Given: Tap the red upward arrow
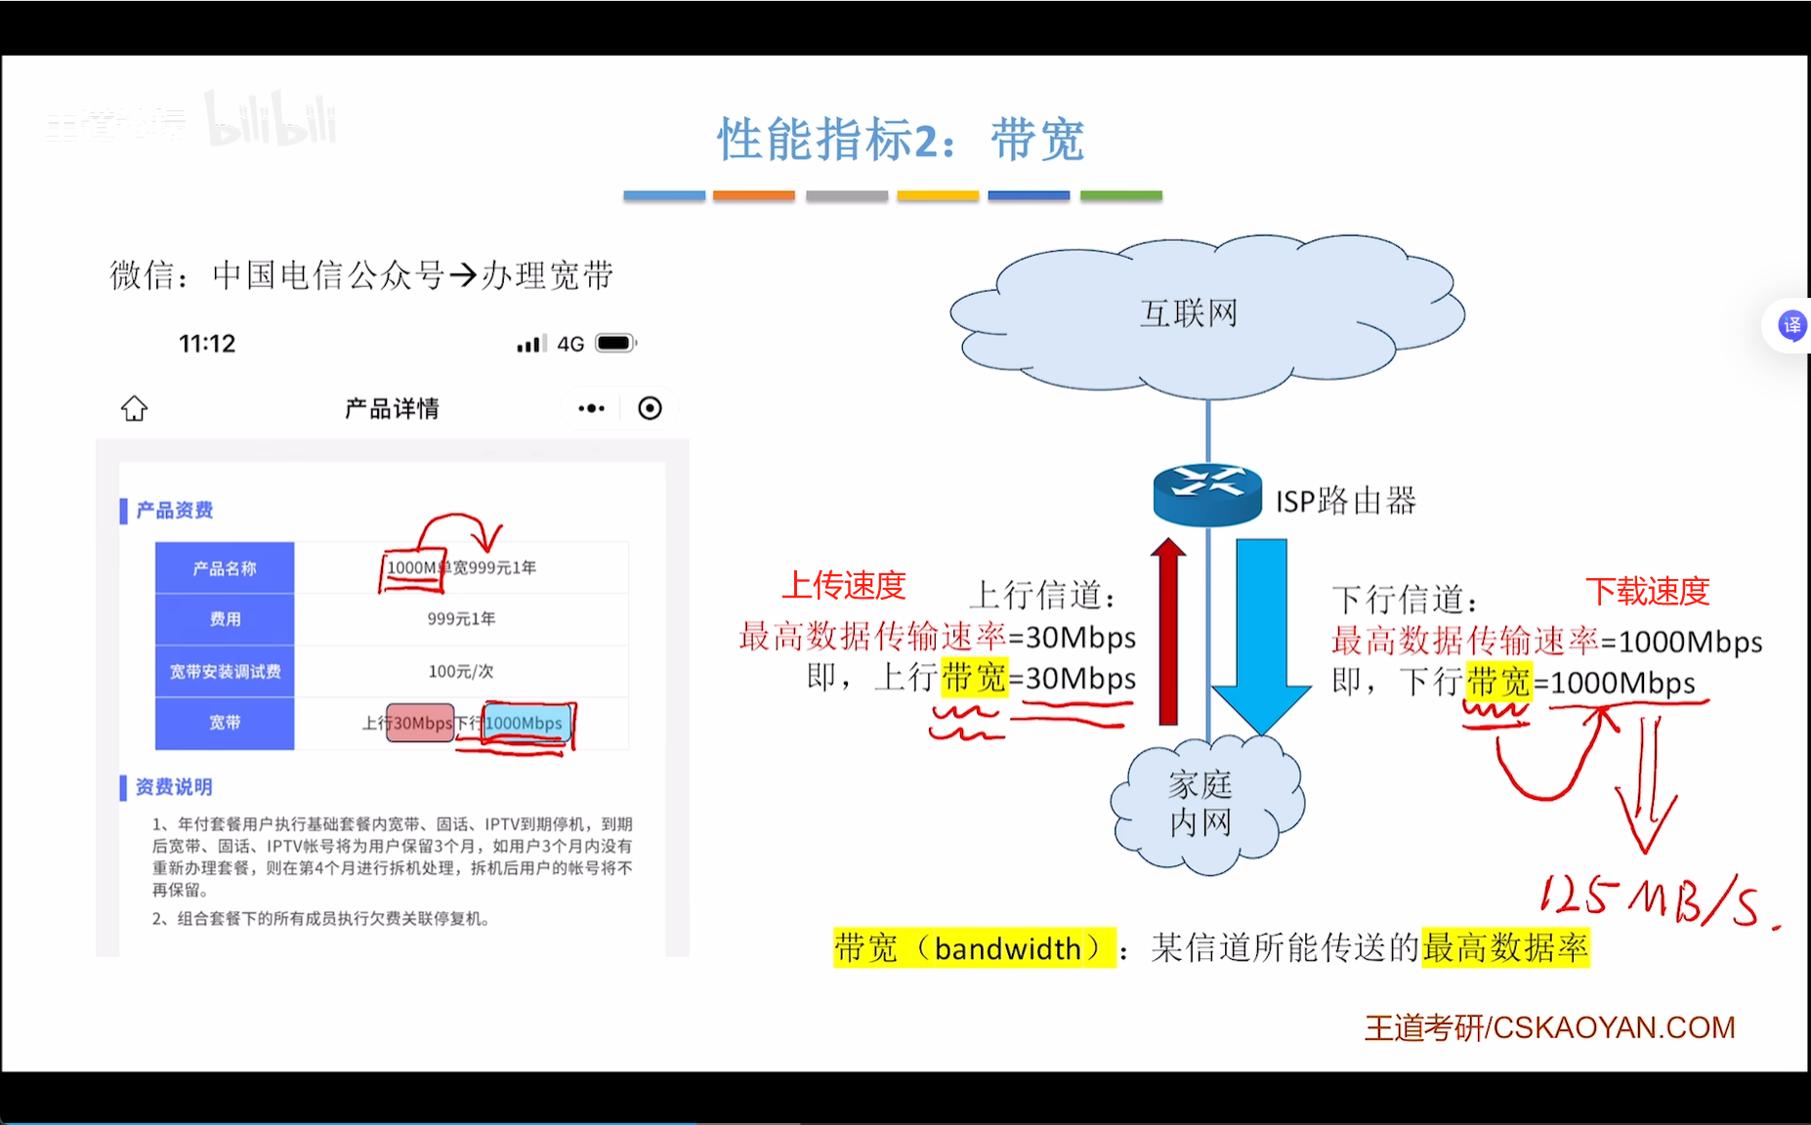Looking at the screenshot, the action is (1168, 635).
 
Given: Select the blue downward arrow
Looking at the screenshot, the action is (1261, 635).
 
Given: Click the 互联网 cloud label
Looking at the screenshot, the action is (1189, 313).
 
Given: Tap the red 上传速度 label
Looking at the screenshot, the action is (844, 585).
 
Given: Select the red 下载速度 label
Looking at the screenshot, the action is (1647, 591).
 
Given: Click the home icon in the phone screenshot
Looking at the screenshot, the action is (135, 408).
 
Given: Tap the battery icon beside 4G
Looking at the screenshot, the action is (616, 343).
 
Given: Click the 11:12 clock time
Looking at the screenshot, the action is (207, 344).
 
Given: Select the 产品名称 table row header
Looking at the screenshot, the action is (225, 568).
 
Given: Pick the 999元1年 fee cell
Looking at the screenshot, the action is (461, 619).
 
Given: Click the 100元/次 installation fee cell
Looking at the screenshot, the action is (461, 671).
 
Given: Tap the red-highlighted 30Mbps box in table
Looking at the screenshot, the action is (421, 723).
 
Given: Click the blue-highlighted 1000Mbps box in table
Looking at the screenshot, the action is (526, 723).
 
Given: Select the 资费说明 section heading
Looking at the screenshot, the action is (173, 787).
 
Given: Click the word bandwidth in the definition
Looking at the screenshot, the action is (1007, 948).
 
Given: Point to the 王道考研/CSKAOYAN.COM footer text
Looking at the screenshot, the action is (1549, 1027).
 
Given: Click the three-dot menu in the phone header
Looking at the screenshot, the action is (591, 408).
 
